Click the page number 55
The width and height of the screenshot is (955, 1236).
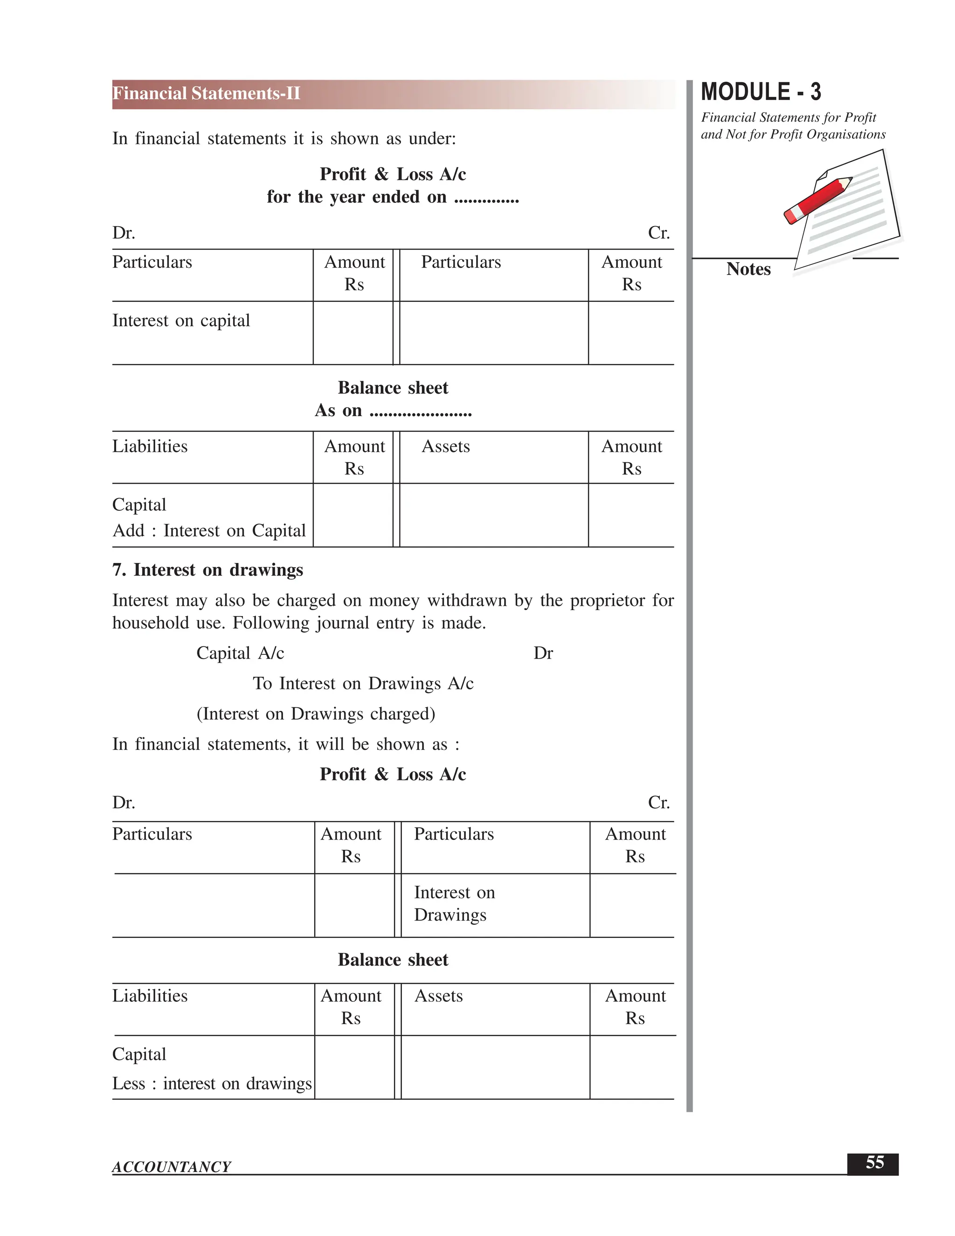tap(874, 1163)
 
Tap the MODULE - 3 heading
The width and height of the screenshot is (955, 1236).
tap(761, 92)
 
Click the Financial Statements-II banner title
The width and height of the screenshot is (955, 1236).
tap(206, 93)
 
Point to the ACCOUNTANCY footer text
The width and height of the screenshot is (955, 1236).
tap(172, 1167)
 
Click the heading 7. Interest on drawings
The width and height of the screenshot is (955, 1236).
tap(208, 569)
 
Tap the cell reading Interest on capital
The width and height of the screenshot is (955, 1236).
tap(181, 320)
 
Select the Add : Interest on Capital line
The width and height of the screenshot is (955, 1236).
tap(209, 530)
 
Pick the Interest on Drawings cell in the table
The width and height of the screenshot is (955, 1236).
tap(454, 903)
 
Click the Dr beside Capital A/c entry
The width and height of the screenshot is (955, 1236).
tap(543, 653)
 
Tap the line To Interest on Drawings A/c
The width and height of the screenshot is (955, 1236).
tap(363, 683)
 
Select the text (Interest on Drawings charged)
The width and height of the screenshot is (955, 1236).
tap(316, 714)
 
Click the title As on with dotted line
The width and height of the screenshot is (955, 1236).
tap(393, 410)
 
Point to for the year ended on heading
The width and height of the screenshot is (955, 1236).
tap(393, 197)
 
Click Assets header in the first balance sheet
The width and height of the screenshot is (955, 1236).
tap(445, 446)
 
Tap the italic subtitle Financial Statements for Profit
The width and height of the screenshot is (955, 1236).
tap(788, 118)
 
